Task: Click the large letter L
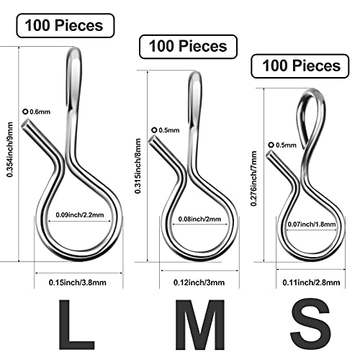(76, 325)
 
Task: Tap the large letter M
(199, 325)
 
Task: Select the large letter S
(310, 325)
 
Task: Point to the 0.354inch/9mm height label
(10, 150)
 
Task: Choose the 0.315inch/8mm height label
(138, 166)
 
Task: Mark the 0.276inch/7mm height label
(253, 179)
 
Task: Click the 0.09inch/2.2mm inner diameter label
(80, 215)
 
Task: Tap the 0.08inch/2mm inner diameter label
(199, 219)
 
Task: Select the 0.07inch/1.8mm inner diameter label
(312, 225)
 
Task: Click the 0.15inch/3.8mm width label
(78, 282)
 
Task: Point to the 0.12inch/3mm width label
(199, 282)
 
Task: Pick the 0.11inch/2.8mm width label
(311, 282)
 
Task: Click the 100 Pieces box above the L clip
(66, 26)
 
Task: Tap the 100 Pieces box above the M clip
(189, 47)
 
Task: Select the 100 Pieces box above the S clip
(300, 66)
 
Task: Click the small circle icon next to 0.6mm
(25, 112)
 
